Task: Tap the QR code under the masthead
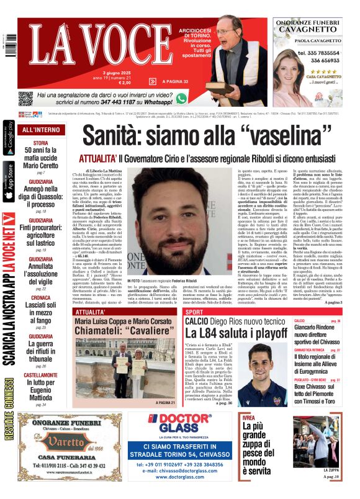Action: [x=25, y=98]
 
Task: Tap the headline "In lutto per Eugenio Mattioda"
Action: [x=40, y=392]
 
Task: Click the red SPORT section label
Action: [x=194, y=312]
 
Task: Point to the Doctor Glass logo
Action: [x=179, y=423]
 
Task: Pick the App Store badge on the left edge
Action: [x=7, y=180]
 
